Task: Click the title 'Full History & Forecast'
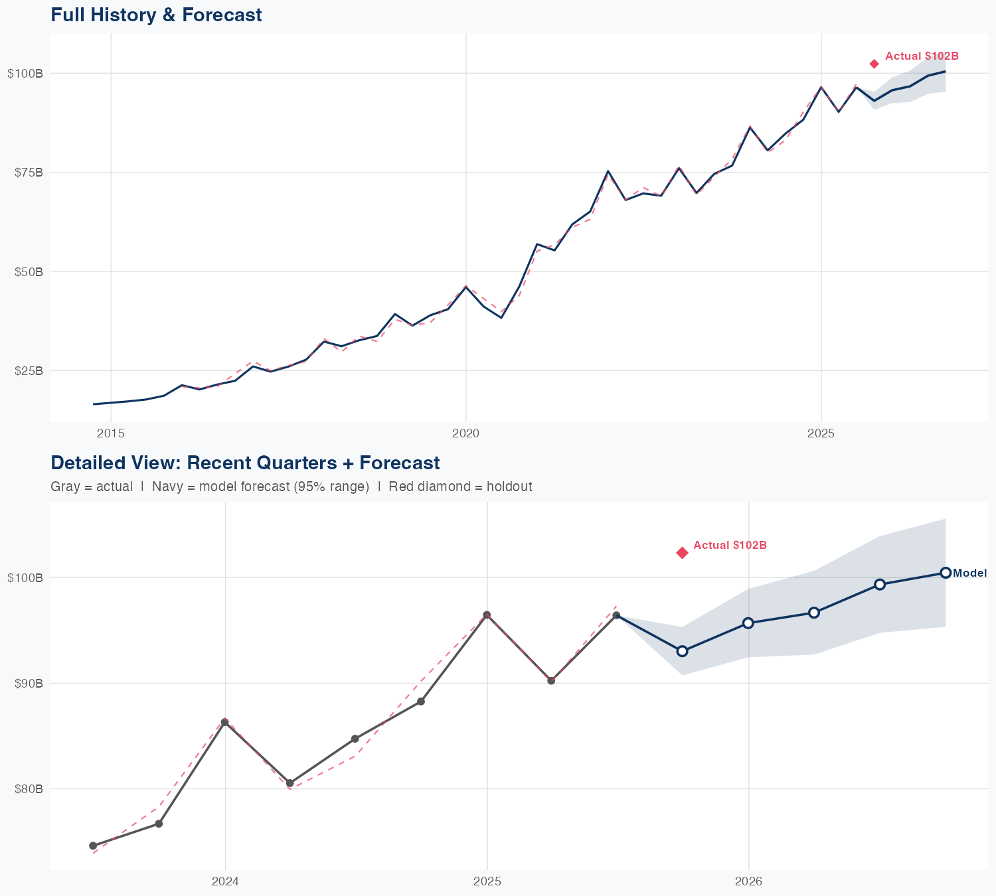tap(156, 15)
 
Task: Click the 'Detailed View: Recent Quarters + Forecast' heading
tap(245, 463)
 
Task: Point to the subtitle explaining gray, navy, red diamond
tap(291, 486)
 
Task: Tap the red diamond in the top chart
tap(874, 64)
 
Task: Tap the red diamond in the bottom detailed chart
tap(682, 553)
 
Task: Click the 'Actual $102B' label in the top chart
tap(922, 56)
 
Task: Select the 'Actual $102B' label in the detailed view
tap(730, 546)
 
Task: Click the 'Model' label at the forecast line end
tap(969, 573)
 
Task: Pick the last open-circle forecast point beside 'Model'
tap(946, 573)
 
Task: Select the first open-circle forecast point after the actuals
tap(682, 651)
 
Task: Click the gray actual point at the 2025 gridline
tap(487, 615)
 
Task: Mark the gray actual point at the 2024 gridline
tap(225, 722)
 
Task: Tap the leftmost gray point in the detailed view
tap(93, 846)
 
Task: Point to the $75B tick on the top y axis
tap(29, 173)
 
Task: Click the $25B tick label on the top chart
tap(29, 370)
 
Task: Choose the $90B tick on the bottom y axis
tap(29, 683)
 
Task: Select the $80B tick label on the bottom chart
tap(29, 789)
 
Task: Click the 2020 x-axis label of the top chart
tap(465, 433)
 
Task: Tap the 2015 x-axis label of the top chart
tap(111, 433)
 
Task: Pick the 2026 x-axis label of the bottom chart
tap(748, 881)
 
